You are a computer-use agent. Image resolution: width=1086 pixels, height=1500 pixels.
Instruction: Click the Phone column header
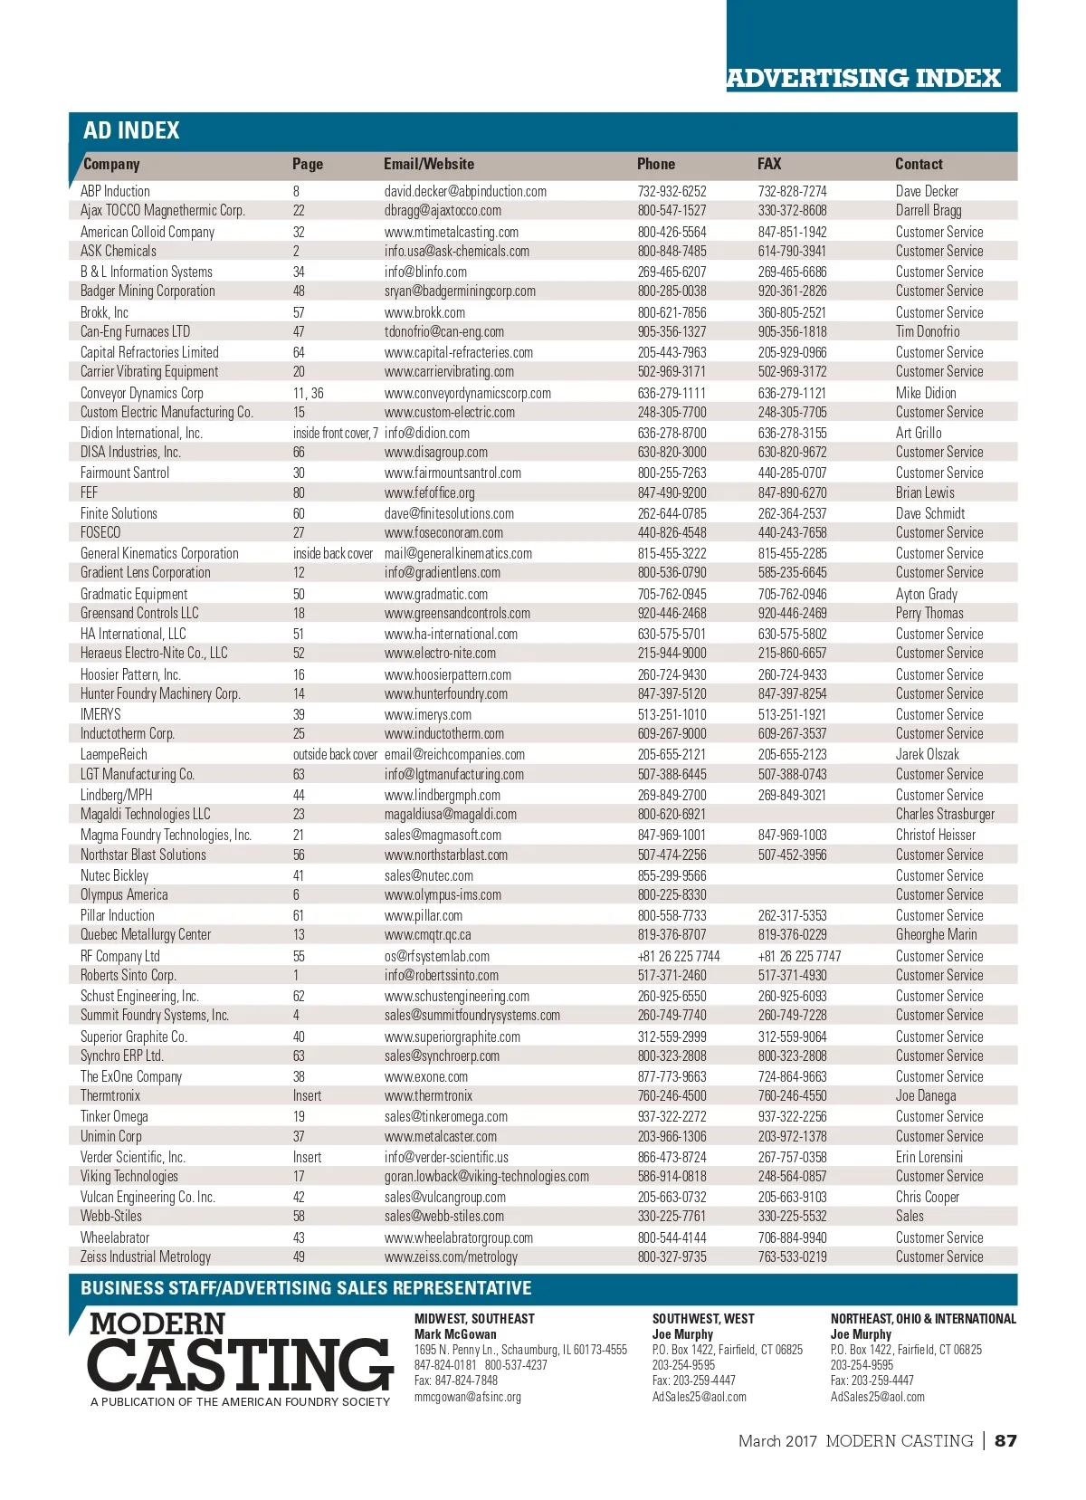[655, 164]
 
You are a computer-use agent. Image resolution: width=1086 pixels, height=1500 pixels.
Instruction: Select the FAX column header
[769, 164]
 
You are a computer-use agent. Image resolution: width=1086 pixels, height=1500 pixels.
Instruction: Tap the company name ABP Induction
[115, 191]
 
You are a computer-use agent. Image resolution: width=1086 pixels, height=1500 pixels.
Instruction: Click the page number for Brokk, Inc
[298, 312]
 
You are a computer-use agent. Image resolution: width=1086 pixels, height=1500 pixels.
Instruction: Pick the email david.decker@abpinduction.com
[465, 191]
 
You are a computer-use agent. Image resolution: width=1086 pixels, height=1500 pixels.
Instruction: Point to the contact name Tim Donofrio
[928, 331]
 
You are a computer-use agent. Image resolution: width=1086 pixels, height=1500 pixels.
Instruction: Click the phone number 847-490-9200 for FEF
[672, 492]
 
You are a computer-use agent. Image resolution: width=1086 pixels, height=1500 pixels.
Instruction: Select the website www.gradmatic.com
[435, 594]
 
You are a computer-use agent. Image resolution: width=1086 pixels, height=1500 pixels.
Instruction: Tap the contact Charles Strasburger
[945, 814]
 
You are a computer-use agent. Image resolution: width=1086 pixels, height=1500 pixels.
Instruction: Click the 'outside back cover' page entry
[335, 754]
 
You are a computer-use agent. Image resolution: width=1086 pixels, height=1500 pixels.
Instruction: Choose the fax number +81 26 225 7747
[799, 956]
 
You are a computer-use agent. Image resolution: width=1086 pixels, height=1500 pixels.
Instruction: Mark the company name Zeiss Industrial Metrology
[146, 1256]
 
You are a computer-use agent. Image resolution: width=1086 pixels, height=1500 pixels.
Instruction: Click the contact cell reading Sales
[910, 1216]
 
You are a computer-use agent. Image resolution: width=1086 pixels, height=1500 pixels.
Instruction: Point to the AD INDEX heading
[131, 130]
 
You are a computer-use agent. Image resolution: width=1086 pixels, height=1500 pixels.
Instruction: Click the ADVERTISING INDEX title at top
[863, 78]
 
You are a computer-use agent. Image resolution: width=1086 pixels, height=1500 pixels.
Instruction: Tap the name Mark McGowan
[455, 1334]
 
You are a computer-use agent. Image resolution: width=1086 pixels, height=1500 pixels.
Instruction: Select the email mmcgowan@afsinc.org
[467, 1397]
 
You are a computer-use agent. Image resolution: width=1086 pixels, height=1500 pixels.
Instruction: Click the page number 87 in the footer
[1005, 1440]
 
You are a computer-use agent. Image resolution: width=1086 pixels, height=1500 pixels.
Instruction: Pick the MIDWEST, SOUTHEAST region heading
[474, 1319]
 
